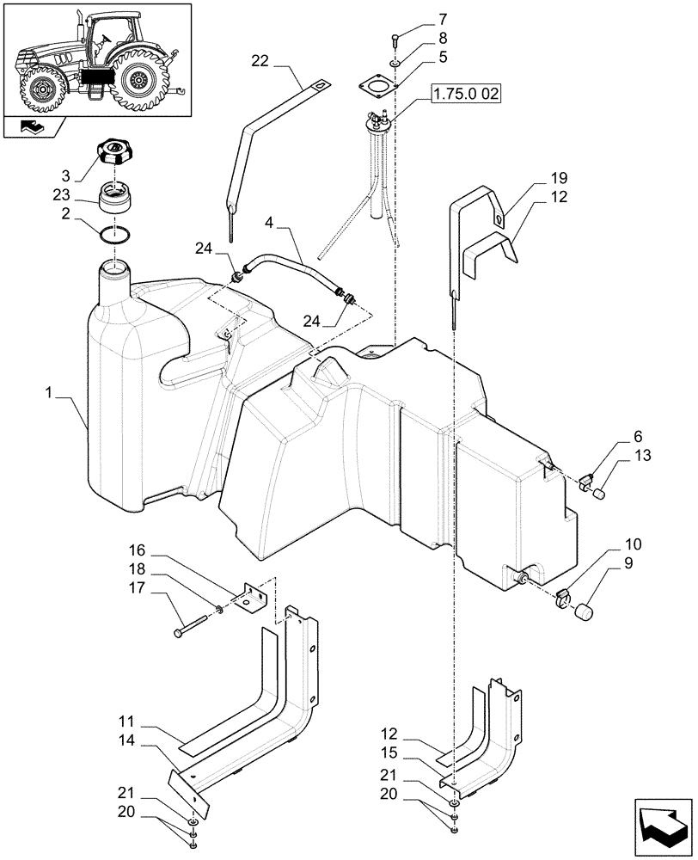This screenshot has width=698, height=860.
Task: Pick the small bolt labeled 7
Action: [394, 38]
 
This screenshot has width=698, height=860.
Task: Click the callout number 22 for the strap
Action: [260, 60]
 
